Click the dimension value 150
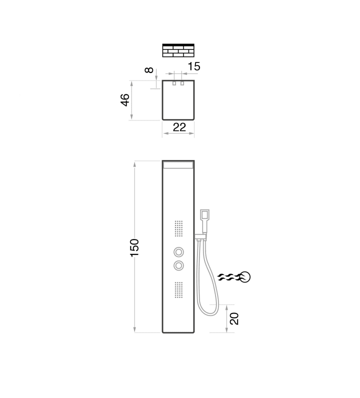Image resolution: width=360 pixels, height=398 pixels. point(134,247)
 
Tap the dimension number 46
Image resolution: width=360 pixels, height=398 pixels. point(125,100)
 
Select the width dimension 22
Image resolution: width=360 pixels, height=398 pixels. point(179,127)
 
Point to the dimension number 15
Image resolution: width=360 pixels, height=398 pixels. point(194,66)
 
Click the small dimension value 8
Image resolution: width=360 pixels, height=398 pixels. point(149,70)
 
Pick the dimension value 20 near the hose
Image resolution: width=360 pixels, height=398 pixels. point(234,318)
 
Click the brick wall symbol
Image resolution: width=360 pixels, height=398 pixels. point(178,50)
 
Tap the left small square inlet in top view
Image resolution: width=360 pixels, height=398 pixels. point(174,83)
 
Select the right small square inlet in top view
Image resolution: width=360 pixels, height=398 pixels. point(182,83)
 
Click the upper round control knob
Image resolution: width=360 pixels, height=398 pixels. point(178,252)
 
